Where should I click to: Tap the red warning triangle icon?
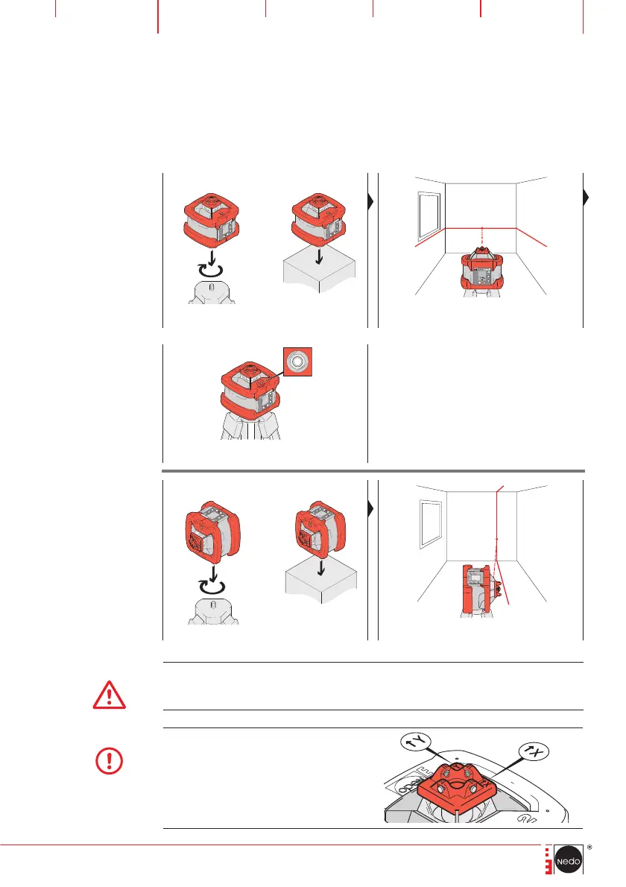(x=110, y=695)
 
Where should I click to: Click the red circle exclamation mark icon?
(x=110, y=761)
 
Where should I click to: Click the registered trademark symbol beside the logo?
(x=589, y=847)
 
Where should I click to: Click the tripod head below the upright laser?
(x=213, y=291)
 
